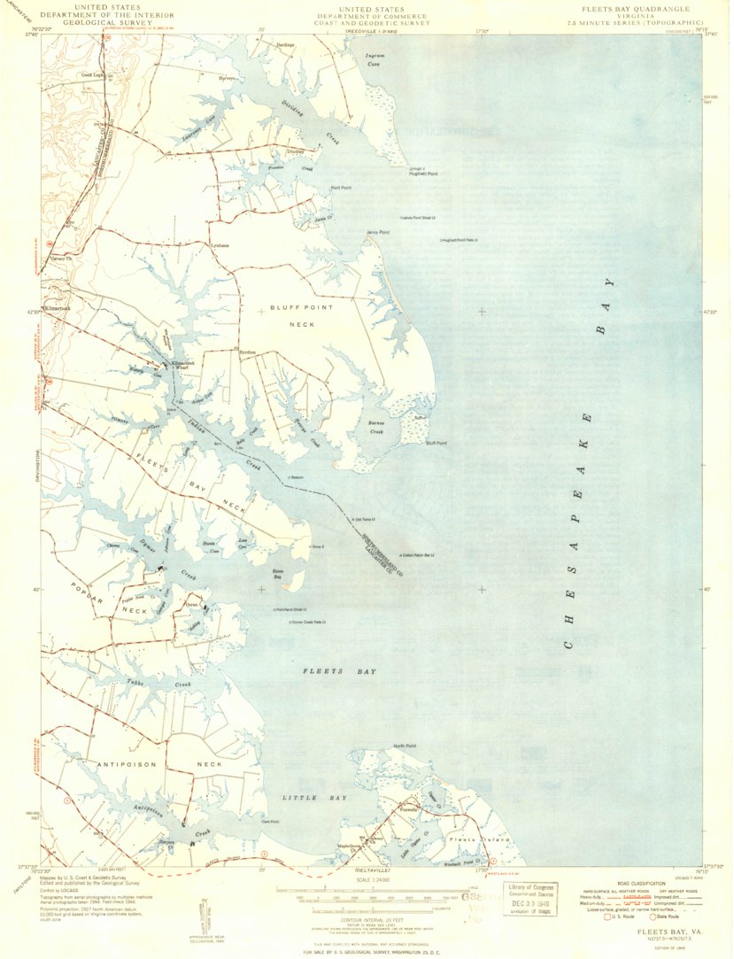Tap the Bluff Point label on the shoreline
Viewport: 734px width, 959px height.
[437, 443]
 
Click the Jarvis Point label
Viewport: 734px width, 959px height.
[378, 233]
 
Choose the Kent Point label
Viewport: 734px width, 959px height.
[341, 188]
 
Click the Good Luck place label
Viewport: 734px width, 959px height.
[92, 75]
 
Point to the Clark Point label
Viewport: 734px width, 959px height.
[270, 822]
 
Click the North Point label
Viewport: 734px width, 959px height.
[405, 746]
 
